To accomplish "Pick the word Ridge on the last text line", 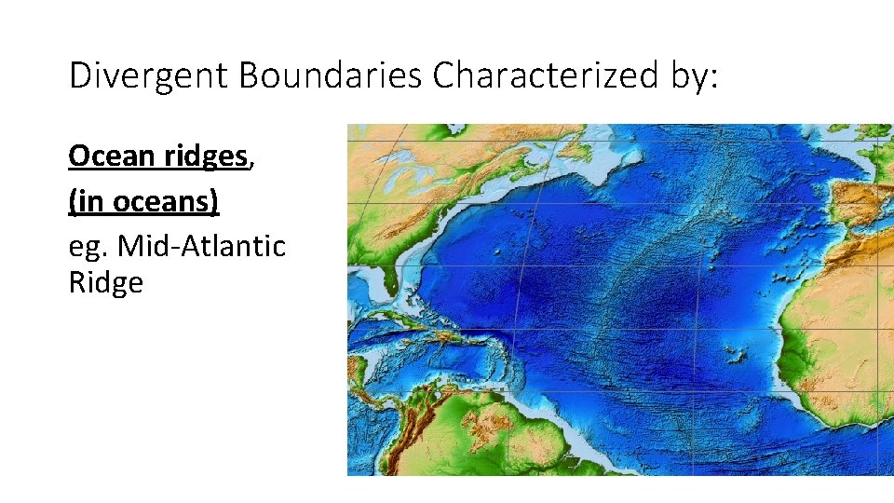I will (106, 282).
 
